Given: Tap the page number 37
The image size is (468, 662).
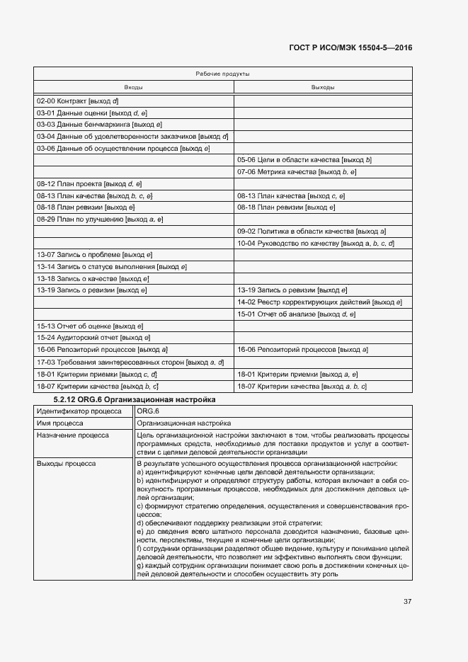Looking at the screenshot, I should [407, 602].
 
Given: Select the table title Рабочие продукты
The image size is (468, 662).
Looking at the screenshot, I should [222, 74].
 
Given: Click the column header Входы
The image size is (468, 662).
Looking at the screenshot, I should [134, 87].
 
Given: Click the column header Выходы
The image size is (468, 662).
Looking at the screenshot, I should [323, 87].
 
